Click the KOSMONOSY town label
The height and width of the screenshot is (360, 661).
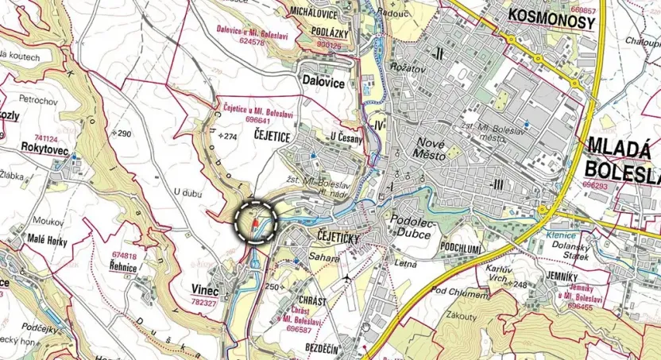(550, 21)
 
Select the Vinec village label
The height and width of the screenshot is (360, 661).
(204, 291)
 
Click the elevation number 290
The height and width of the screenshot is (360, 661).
(124, 134)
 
